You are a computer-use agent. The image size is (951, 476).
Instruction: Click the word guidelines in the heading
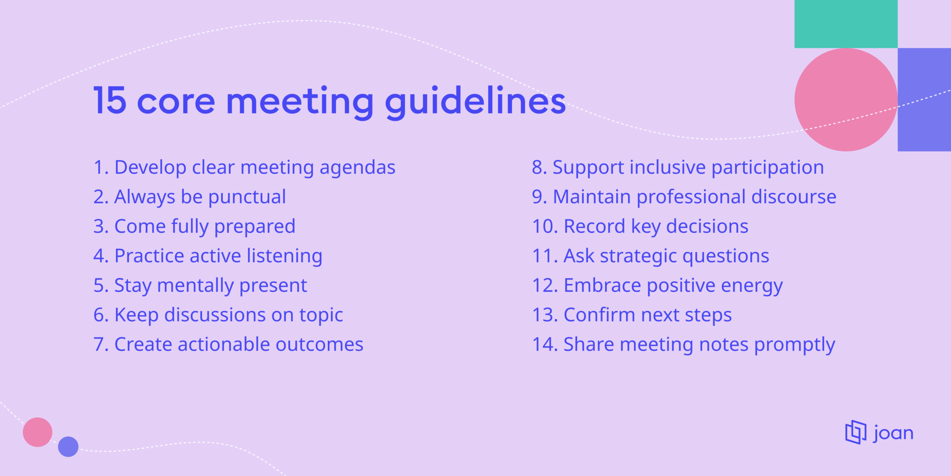[x=475, y=101]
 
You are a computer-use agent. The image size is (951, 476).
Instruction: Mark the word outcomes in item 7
[x=319, y=345]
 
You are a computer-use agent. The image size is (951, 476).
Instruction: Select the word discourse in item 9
[x=794, y=197]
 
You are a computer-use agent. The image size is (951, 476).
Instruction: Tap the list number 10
[x=545, y=227]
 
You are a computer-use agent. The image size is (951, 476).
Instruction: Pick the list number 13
[x=545, y=315]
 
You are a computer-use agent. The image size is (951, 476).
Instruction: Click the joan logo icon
[x=855, y=432]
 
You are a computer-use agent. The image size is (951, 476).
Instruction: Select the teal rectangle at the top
[x=846, y=24]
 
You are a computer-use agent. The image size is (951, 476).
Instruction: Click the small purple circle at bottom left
[x=68, y=447]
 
